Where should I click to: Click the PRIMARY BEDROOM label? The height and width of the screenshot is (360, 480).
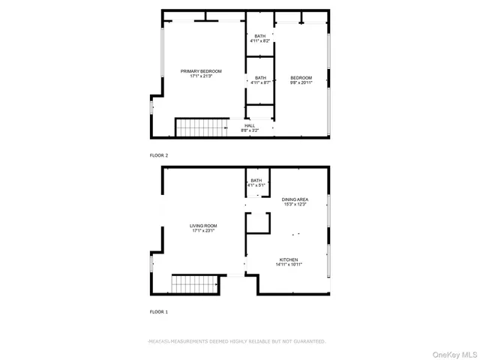pos(199,71)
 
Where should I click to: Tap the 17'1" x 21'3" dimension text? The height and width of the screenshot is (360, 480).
pos(199,76)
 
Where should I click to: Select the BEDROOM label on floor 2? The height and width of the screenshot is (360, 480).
pos(301,78)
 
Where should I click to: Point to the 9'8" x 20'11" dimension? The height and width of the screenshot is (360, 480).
pos(301,83)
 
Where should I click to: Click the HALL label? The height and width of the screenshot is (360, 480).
pos(250,126)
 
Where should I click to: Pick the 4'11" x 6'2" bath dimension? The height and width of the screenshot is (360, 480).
pos(260,42)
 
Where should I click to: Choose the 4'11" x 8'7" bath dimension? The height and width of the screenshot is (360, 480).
pos(260,83)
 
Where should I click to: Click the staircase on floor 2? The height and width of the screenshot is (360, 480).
pos(201,127)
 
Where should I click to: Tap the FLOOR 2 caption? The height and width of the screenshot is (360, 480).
pos(159,154)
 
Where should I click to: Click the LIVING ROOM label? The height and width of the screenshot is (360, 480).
pos(202,225)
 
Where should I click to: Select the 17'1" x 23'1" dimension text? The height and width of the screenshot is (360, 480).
pos(202,230)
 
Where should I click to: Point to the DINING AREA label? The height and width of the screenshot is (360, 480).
pos(295,199)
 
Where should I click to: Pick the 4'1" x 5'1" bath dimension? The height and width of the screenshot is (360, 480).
pos(257,185)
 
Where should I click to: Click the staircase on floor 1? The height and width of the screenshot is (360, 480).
pos(194,285)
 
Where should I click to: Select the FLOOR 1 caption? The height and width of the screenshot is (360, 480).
pos(159,311)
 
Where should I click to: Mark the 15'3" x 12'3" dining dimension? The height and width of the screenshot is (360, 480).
pos(295,204)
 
